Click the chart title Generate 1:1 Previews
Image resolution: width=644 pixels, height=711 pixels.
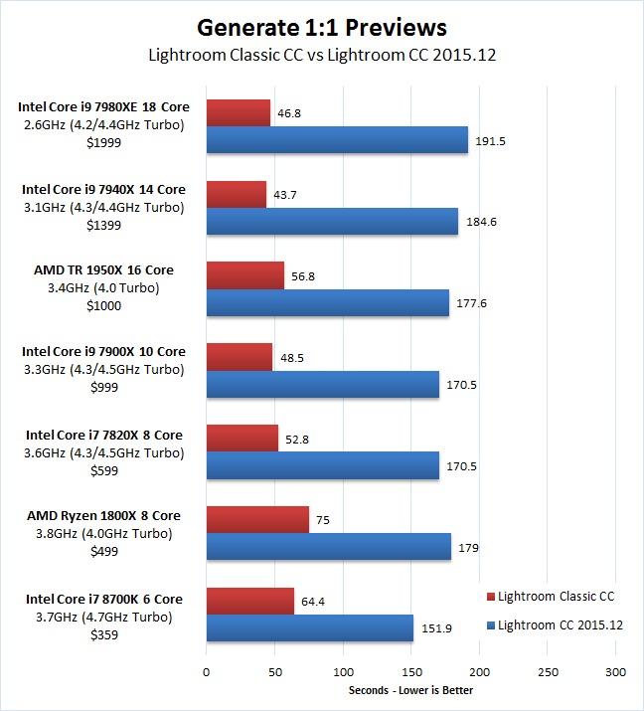[322, 27]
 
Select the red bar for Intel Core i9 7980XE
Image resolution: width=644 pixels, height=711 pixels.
[238, 113]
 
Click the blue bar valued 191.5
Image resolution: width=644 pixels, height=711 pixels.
[337, 140]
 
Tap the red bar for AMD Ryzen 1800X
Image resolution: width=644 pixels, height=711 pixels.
[257, 519]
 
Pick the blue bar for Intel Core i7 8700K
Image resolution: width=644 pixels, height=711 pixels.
[309, 627]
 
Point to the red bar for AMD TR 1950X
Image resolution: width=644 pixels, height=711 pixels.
[244, 275]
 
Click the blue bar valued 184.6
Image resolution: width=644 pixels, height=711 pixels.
[332, 222]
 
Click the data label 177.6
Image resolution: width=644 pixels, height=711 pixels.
[475, 302]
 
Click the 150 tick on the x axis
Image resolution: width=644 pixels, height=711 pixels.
[410, 671]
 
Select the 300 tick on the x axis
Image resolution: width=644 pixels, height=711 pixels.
[615, 671]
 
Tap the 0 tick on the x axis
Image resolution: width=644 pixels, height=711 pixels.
[206, 671]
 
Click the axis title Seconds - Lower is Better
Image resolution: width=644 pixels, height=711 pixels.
[410, 690]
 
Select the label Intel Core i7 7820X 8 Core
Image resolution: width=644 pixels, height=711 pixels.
[103, 435]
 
